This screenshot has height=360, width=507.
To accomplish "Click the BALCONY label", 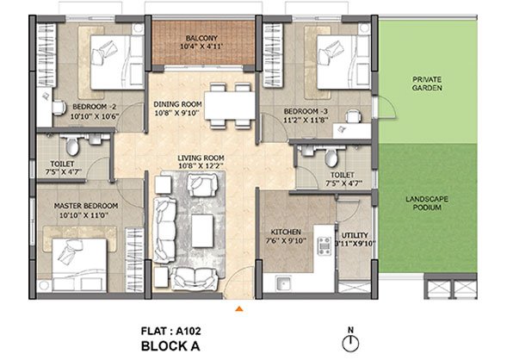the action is [x=201, y=38].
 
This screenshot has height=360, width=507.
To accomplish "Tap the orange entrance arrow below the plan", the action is [x=239, y=309].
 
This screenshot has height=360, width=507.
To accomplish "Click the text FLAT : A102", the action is [x=171, y=331].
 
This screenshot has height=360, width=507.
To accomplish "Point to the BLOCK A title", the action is [x=170, y=346].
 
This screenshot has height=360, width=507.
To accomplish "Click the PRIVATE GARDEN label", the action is [x=427, y=84].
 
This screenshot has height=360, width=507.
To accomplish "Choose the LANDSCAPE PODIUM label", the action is [x=427, y=203].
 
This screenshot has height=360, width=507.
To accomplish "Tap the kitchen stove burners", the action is [x=324, y=245].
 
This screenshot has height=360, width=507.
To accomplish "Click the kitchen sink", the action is [x=283, y=283].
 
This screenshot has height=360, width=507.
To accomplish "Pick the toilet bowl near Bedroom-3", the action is [x=331, y=157].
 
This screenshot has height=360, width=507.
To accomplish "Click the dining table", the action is [x=230, y=106].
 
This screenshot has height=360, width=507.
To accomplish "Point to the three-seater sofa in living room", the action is [x=165, y=230].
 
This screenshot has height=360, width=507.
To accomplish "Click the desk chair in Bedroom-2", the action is [x=59, y=108].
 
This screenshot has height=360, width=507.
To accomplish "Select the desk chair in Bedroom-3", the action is [x=353, y=116].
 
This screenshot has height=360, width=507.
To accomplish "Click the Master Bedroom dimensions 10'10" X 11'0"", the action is [x=83, y=215].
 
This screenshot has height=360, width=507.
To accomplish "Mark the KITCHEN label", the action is [x=286, y=232].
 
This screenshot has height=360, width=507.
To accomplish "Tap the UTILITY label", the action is [x=355, y=235].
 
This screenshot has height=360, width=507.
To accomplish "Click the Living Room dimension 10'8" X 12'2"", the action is [x=201, y=166].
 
